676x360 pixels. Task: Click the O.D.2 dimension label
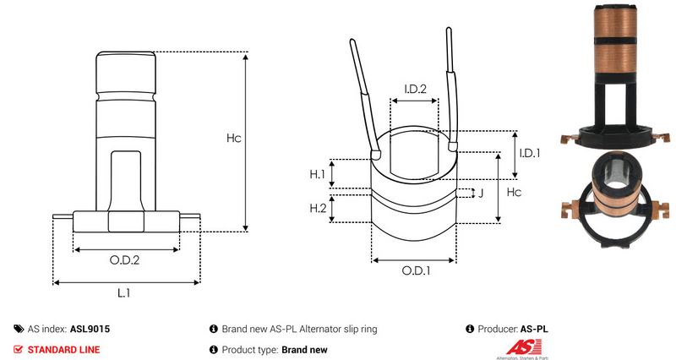pos(125,260)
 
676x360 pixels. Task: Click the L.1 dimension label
pos(123,292)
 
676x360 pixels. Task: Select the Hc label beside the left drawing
pos(234,138)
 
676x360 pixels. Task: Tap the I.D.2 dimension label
pos(414,89)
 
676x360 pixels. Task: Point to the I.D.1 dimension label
pos(529,153)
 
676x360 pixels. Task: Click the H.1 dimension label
pos(317,174)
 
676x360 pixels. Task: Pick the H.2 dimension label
pos(318,208)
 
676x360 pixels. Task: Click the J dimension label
pos(481,193)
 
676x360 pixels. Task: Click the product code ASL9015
pos(90,329)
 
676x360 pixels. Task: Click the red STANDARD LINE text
pos(64,349)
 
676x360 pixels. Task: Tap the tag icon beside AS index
pos(19,329)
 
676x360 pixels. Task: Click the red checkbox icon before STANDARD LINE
pos(19,349)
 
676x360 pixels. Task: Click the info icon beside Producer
pos(470,329)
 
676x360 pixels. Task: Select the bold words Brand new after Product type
pos(304,349)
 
